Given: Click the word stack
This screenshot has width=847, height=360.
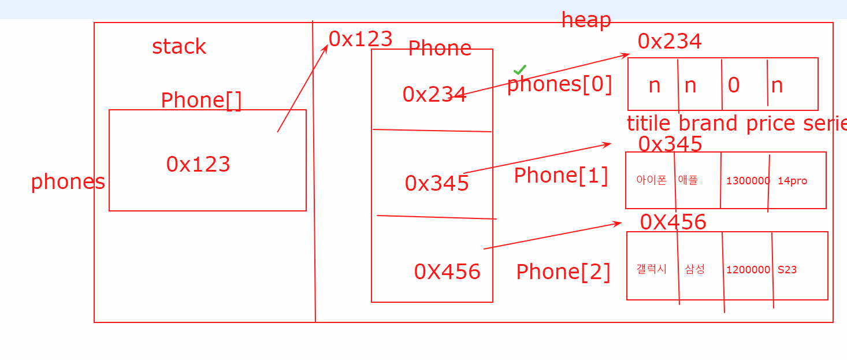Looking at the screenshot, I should point(179,47).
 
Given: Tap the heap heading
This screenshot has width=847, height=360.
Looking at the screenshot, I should point(586,20).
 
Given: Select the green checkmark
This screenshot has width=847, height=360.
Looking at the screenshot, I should point(520,70).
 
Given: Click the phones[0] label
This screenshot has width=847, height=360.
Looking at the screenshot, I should point(559,84).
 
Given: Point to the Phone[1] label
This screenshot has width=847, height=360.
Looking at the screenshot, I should point(561,176).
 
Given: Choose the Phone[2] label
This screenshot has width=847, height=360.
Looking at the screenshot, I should point(563,272).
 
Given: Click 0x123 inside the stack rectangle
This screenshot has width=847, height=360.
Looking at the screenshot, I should point(198,165).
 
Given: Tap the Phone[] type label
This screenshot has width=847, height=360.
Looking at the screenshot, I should point(201,101).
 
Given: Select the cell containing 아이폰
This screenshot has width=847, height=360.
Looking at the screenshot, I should point(651,180).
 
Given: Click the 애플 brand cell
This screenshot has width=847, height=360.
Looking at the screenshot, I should point(688,180).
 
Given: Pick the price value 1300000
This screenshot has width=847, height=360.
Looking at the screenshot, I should point(748,181).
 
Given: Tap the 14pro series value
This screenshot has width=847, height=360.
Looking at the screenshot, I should point(792,181).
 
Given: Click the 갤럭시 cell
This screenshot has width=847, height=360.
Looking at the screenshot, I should point(651,269).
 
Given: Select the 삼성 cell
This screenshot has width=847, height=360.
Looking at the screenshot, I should point(694,269).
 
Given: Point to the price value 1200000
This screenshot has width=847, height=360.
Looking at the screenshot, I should point(748,270).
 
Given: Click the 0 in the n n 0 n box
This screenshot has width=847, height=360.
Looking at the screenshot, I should point(733,86).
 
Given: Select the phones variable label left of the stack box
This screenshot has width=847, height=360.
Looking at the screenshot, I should point(68,182).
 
